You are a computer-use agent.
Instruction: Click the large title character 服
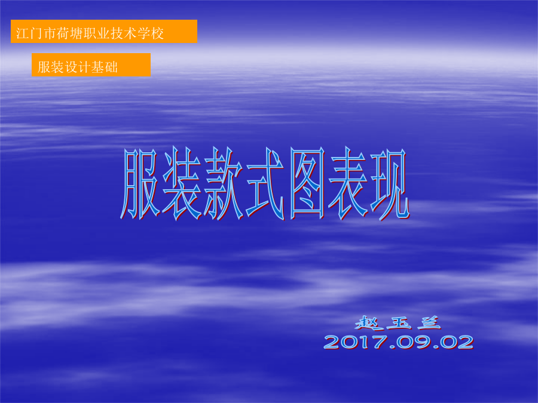pos(140,184)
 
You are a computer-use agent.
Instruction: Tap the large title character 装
pos(182,184)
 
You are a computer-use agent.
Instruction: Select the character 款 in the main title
pos(223,184)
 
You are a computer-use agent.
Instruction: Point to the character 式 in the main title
pos(265,184)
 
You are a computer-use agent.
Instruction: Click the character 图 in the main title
pos(307,184)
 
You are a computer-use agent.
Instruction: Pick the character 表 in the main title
pos(348,184)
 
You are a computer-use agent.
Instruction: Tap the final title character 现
pos(390,184)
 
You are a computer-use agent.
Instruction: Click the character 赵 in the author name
pos(368,322)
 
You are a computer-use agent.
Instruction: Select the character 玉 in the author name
pos(399,323)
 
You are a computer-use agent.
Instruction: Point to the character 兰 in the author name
pos(429,322)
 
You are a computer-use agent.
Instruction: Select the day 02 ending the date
pos(456,342)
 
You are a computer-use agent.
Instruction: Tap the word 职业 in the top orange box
pos(96,33)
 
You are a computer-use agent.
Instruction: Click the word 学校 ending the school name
pos(151,33)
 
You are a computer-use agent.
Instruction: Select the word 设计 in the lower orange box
pos(78,67)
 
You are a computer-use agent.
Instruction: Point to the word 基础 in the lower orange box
pos(105,67)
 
